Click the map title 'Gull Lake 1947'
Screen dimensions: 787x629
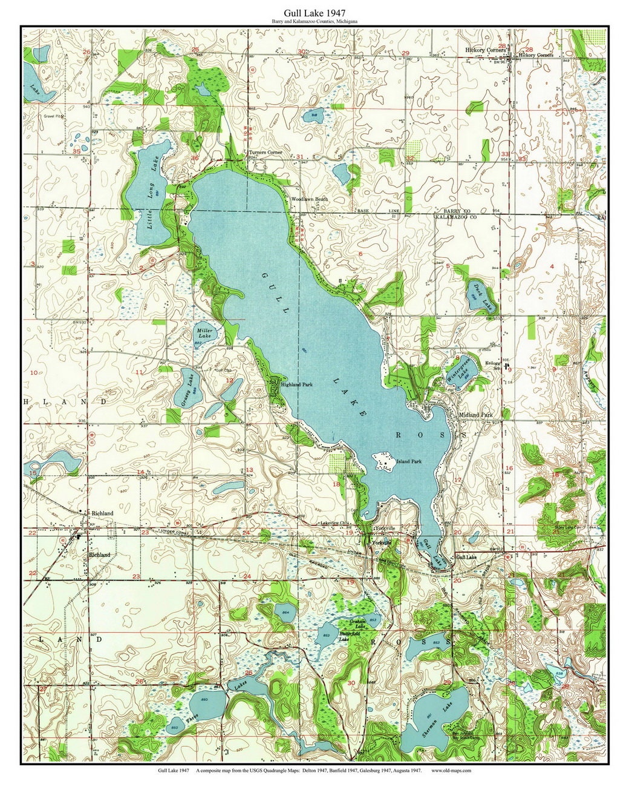[x=314, y=12]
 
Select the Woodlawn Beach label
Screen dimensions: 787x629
[x=309, y=199]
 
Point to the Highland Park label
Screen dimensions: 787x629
[x=296, y=384]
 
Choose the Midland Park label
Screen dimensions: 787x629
[x=476, y=415]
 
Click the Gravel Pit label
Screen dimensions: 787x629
[x=53, y=116]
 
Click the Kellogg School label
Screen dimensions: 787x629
[x=494, y=366]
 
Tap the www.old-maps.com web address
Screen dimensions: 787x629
[x=451, y=771]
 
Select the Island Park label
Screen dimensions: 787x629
[x=409, y=461]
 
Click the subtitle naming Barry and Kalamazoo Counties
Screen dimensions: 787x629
[x=314, y=21]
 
